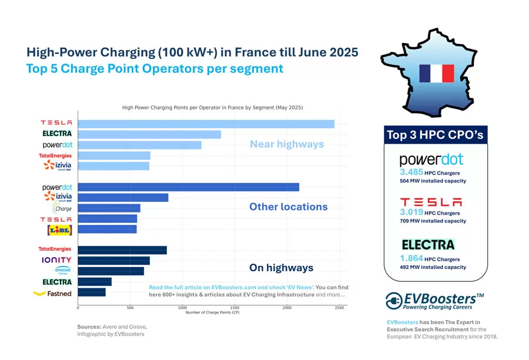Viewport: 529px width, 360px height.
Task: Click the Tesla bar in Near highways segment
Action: coord(206,124)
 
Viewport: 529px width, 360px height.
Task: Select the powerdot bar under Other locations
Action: coord(188,187)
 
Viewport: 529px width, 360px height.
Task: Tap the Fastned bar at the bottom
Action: coord(92,292)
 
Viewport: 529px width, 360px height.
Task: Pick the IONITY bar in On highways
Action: coord(113,261)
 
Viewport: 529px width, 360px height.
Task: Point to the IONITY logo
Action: coord(56,260)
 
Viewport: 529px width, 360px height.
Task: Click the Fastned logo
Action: coord(53,293)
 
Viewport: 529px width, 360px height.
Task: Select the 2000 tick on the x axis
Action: coord(287,308)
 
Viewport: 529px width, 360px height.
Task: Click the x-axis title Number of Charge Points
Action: coord(212,312)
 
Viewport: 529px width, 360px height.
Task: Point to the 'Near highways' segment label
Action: coord(287,144)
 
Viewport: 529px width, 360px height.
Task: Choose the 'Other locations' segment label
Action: coord(288,207)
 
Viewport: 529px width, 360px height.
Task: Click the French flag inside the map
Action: coord(436,73)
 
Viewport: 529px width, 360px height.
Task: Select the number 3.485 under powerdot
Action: coord(411,172)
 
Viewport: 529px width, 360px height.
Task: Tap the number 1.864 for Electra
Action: coord(411,258)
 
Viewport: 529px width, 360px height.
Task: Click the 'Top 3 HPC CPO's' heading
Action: coord(435,135)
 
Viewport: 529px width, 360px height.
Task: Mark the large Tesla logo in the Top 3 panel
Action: coord(431,202)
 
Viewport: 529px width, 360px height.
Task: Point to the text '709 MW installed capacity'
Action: coord(433,221)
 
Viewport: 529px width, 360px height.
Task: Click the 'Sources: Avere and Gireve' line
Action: coord(112,326)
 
